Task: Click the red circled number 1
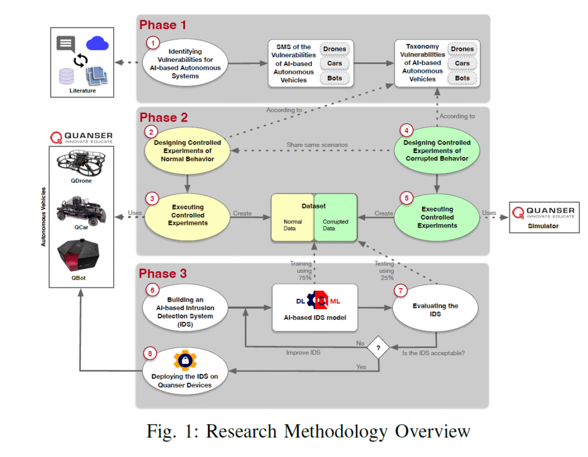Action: coord(152,42)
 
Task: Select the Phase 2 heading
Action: coord(163,118)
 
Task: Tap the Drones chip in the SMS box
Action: coord(334,49)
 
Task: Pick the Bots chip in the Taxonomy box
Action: coord(462,78)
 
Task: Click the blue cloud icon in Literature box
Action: coord(98,43)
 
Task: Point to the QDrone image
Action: coord(81,166)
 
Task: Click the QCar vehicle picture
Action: coord(80,210)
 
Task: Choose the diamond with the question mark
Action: coord(378,347)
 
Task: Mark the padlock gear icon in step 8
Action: coord(186,361)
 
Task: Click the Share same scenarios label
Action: coord(317,145)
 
